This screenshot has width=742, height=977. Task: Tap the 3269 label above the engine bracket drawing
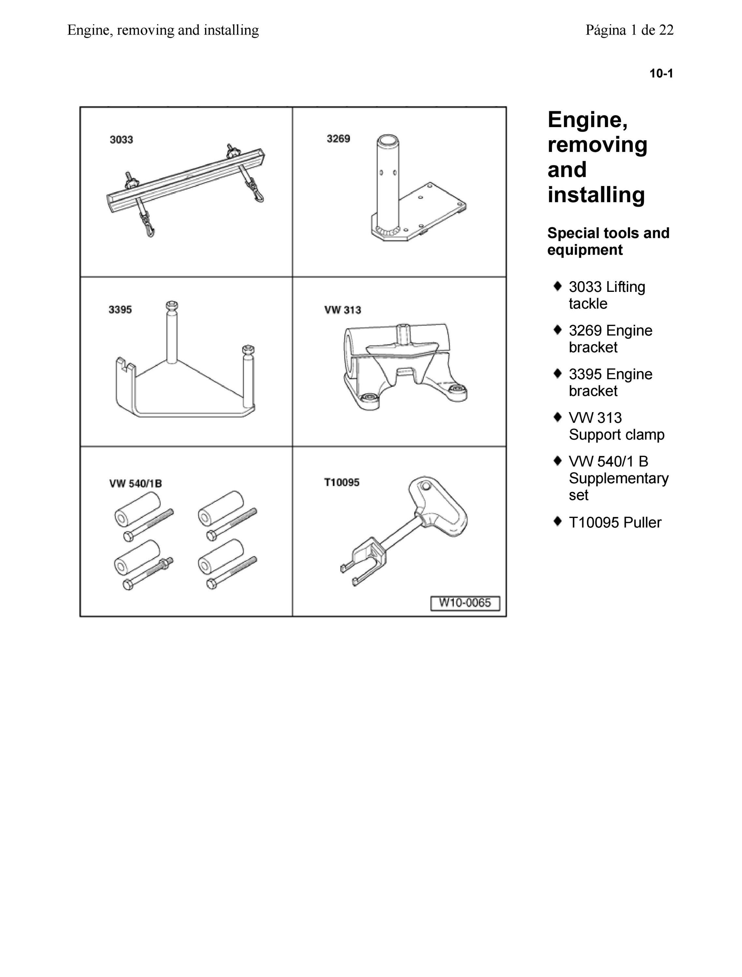[338, 139]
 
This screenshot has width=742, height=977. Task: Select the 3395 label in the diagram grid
[120, 309]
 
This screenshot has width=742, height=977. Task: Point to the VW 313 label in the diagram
[343, 310]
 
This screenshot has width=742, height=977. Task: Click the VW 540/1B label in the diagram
[135, 484]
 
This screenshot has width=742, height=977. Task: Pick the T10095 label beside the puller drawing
[342, 482]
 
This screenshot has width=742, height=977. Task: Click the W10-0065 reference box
[465, 603]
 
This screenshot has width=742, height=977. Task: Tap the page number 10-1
[661, 73]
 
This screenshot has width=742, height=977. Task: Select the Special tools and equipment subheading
[608, 241]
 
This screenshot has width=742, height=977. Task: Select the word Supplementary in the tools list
[619, 478]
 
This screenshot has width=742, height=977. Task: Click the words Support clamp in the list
[616, 435]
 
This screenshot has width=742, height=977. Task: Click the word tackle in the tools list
[588, 304]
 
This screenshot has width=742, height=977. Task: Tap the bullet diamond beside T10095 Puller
[558, 521]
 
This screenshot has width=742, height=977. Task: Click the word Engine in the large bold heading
[587, 121]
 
